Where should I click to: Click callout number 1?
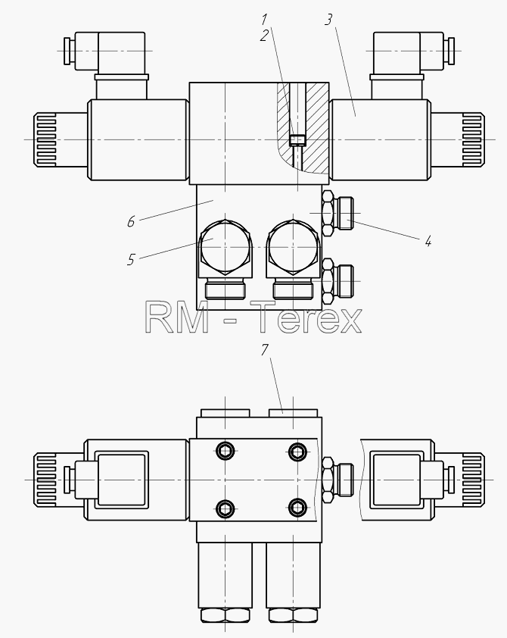click(264, 20)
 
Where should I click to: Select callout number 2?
click(264, 36)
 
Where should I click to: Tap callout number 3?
click(328, 20)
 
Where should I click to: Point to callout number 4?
click(428, 242)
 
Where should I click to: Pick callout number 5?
click(131, 260)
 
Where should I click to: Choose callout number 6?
click(131, 222)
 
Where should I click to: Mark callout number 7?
click(265, 349)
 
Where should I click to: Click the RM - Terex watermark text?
click(253, 317)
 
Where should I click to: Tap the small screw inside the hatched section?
click(297, 140)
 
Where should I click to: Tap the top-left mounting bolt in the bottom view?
click(225, 451)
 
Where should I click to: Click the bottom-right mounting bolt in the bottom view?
click(297, 508)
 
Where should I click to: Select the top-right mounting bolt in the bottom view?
click(297, 451)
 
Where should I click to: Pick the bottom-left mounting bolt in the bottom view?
click(225, 508)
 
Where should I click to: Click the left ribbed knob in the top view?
click(45, 140)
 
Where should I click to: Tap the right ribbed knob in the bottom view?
click(473, 480)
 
